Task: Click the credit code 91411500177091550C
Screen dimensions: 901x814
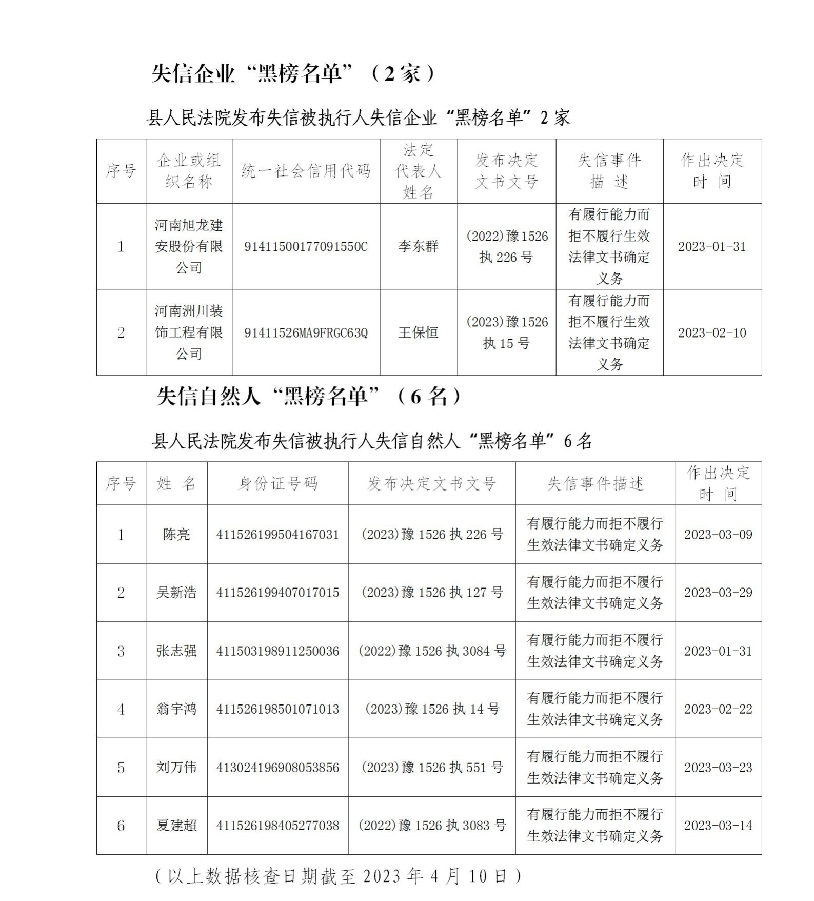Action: (x=306, y=247)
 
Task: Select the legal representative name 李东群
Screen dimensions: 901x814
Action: (x=418, y=246)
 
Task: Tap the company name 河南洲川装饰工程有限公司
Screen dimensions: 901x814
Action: (x=189, y=332)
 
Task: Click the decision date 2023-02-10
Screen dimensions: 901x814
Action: (x=712, y=333)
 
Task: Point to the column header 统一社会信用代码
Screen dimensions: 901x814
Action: (x=306, y=171)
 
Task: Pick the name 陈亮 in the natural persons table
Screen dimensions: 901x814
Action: (x=176, y=535)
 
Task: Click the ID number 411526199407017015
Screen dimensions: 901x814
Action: (x=277, y=593)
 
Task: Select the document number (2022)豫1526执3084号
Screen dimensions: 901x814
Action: (x=432, y=651)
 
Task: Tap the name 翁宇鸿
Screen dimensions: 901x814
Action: (x=176, y=709)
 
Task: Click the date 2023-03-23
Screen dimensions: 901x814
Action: (x=718, y=768)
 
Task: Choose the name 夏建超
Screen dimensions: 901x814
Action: (x=176, y=826)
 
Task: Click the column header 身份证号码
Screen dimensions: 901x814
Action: (x=277, y=483)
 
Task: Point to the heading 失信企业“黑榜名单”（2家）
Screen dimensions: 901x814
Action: (x=293, y=74)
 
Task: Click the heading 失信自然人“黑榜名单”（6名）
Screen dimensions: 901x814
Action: (x=309, y=396)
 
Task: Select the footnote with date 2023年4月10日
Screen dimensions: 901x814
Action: (x=339, y=876)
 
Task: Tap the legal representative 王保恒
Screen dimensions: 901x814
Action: (x=418, y=333)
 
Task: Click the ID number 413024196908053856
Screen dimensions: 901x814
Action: (x=277, y=768)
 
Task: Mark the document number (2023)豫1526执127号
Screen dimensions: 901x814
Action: (x=432, y=593)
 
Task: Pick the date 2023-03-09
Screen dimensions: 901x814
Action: (x=718, y=535)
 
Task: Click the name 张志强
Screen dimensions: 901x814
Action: (x=176, y=651)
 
